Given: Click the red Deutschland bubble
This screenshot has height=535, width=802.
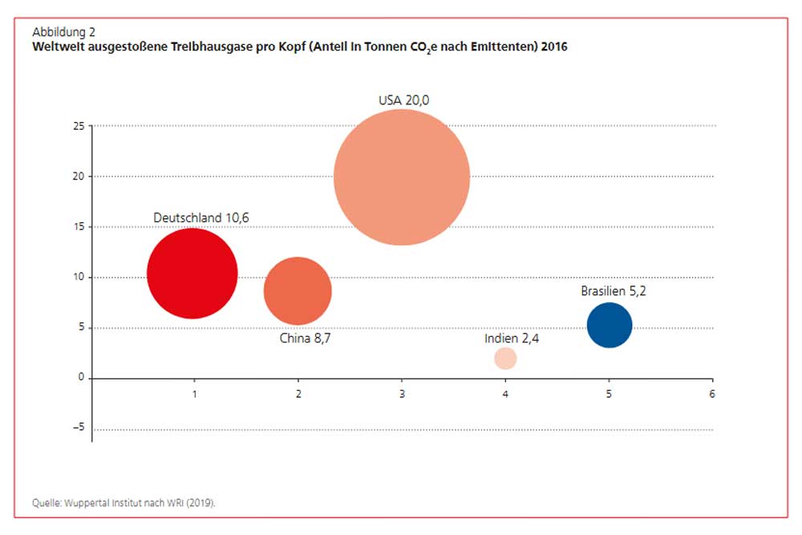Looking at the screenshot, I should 192,274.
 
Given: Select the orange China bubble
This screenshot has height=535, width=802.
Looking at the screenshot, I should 298,290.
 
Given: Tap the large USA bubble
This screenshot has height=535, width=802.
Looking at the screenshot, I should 401,176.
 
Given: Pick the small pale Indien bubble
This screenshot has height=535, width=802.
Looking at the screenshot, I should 505,359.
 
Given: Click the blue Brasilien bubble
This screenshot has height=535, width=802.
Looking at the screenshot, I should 610,325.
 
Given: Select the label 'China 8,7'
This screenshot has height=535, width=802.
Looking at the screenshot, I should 305,338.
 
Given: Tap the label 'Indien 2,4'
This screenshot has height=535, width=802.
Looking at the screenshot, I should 512,338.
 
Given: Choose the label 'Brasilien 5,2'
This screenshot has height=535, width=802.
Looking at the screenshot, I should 614,291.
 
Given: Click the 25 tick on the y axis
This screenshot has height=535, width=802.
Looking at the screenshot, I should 78,126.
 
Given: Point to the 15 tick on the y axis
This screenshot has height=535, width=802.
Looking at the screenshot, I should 78,227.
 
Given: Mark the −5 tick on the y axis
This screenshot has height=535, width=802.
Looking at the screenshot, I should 78,428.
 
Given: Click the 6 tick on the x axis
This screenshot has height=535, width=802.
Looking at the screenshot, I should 711,395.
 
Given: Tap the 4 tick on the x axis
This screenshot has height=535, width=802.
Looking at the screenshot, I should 505,395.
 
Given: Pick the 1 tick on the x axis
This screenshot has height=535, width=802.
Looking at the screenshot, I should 194,395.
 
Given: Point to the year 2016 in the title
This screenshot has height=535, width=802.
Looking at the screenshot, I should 554,47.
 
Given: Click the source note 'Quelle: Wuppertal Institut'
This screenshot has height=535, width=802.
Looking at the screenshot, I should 124,504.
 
